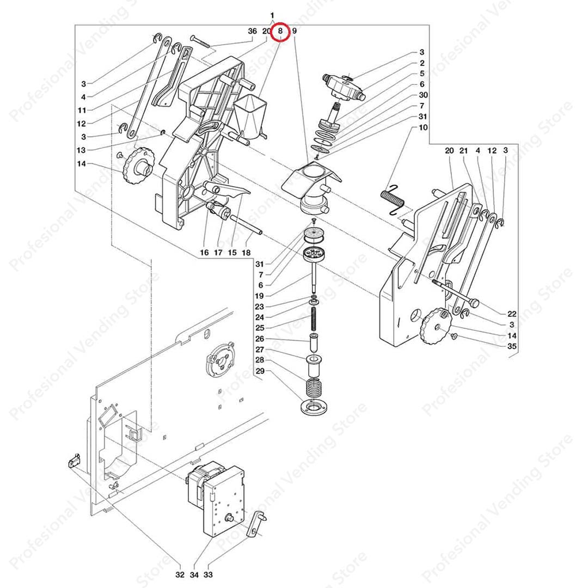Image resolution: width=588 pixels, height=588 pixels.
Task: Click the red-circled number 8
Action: (x=280, y=32)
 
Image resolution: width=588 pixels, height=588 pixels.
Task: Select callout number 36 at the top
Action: (x=253, y=31)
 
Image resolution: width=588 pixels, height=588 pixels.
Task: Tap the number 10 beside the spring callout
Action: (x=423, y=127)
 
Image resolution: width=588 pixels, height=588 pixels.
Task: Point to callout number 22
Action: (x=512, y=314)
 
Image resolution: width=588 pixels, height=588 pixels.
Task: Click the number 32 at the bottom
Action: (x=180, y=574)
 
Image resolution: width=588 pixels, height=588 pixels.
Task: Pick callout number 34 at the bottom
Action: (x=194, y=574)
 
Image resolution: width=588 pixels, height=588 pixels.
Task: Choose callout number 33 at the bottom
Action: (x=208, y=574)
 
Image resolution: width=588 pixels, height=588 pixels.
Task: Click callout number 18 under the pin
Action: (x=246, y=253)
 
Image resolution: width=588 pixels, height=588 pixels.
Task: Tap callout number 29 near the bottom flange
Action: (x=260, y=371)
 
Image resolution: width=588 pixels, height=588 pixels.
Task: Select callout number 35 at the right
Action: (x=512, y=346)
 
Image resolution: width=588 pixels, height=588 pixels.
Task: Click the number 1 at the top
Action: (x=272, y=16)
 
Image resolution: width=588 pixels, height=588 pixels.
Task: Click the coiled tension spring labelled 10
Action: (x=392, y=200)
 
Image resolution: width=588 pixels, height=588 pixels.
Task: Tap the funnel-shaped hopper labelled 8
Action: (x=248, y=117)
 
